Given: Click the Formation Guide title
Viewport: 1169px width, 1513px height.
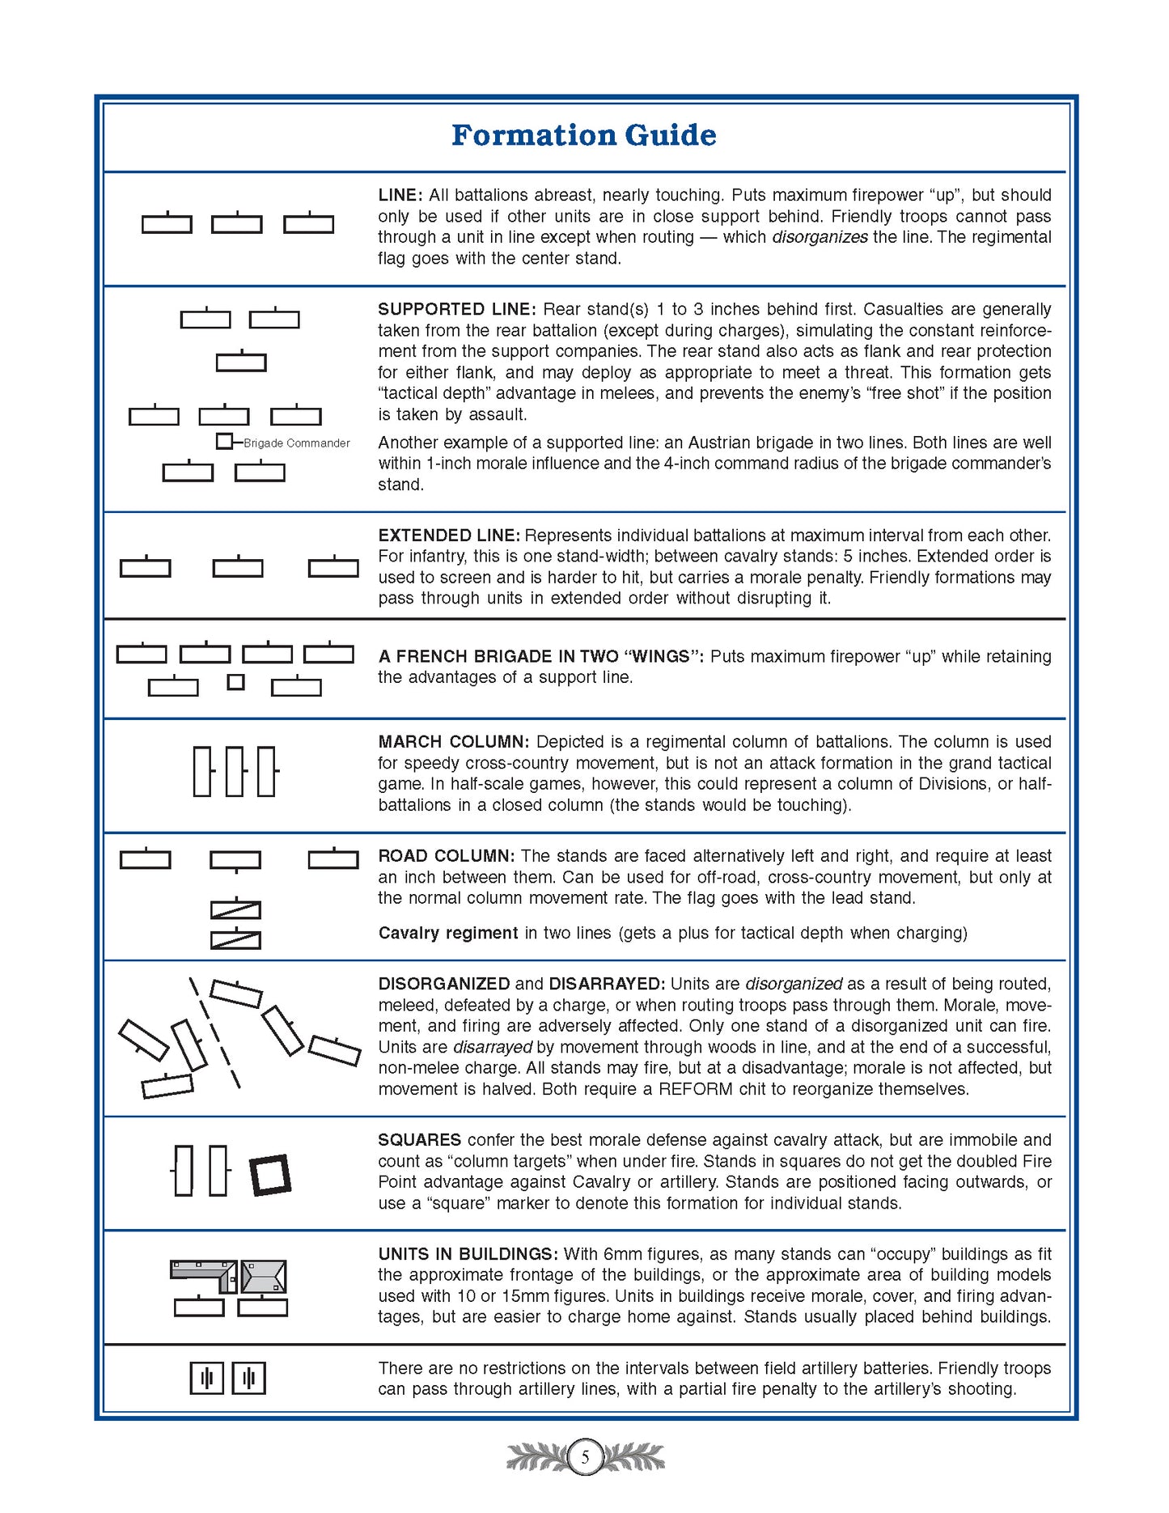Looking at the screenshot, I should point(583,135).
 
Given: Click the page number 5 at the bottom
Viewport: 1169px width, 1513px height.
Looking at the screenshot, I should point(585,1458).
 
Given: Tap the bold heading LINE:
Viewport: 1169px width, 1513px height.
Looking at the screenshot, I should point(400,195).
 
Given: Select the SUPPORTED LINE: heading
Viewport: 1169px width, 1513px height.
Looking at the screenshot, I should point(456,309).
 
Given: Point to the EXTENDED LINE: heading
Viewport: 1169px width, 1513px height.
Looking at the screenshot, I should point(448,536).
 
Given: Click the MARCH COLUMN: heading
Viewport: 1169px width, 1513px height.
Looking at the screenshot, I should point(453,742).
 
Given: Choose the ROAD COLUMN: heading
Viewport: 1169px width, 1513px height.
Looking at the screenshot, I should point(446,856).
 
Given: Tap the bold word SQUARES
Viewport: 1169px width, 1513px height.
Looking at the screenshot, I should point(419,1140).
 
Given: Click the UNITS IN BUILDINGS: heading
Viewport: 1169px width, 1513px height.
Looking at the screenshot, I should point(468,1254).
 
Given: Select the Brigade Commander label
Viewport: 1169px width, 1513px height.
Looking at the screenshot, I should point(297,443).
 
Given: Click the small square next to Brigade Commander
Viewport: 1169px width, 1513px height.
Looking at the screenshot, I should point(224,442).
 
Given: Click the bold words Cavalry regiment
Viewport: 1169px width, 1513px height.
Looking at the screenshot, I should point(447,933).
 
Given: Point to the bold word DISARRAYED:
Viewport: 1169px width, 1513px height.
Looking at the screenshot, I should point(607,984).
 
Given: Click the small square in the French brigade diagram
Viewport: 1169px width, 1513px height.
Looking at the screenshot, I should point(235,682).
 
